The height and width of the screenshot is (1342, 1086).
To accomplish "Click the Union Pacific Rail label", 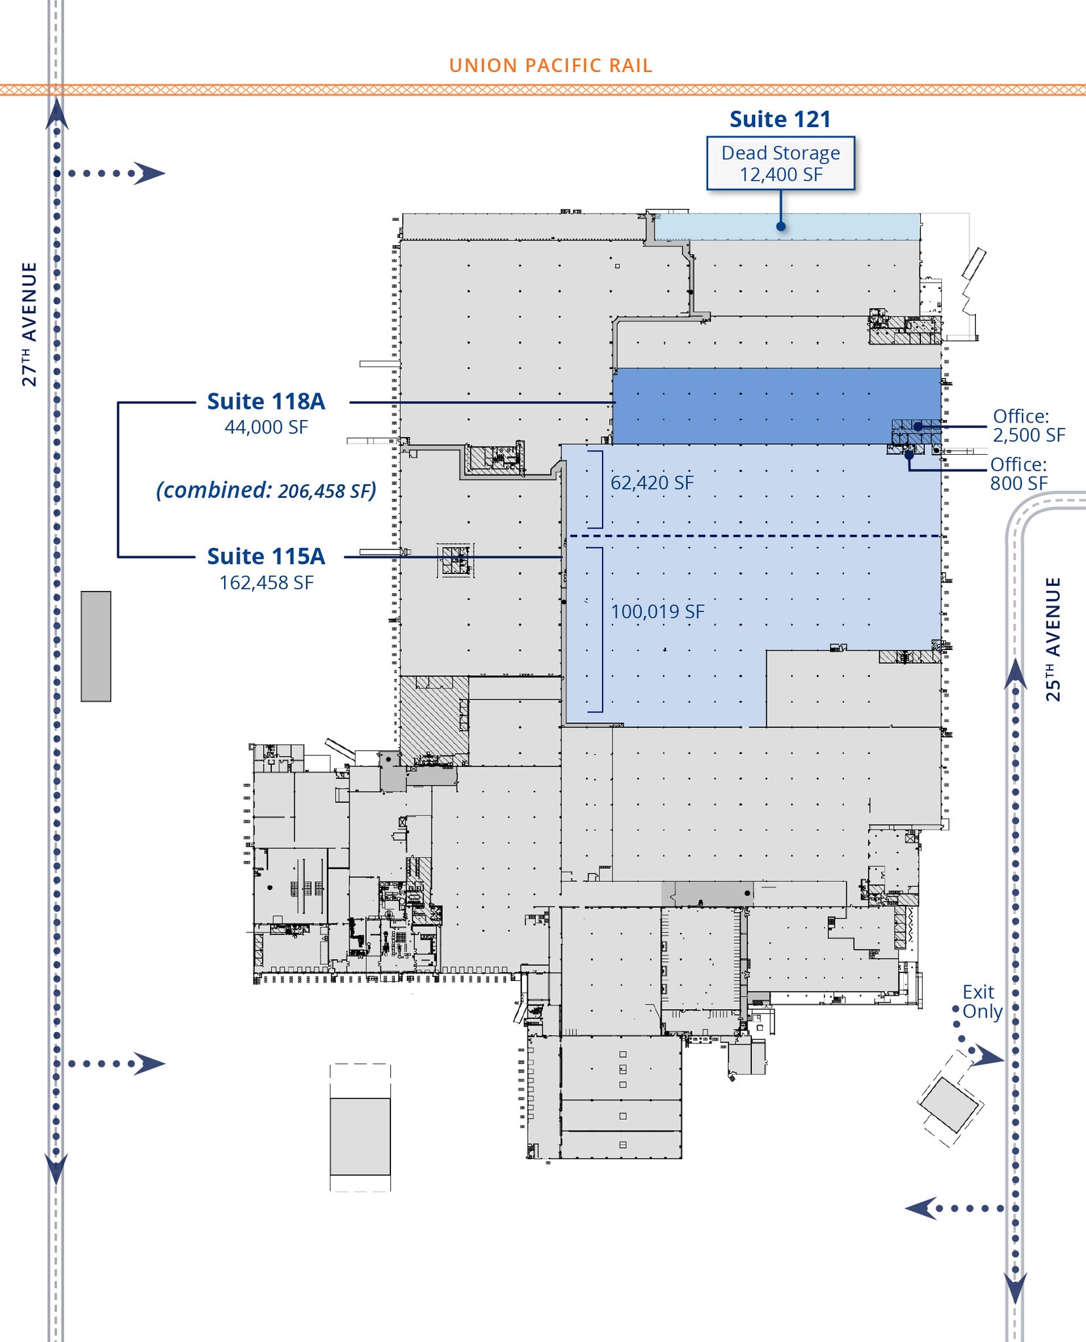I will click(550, 66).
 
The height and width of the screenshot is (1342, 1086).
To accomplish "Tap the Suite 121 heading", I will click(780, 119).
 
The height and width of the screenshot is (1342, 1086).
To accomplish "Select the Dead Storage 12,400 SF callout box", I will click(780, 163).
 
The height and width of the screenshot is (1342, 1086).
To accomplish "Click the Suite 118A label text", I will click(266, 401).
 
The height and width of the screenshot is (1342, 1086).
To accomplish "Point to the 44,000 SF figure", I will click(266, 427).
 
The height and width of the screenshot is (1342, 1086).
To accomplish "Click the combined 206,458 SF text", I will click(266, 490).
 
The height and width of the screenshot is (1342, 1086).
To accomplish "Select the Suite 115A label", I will click(266, 556).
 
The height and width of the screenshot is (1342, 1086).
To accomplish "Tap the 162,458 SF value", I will click(266, 583).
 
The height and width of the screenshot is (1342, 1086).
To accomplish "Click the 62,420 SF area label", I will click(652, 483).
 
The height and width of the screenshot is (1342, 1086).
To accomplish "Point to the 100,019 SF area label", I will click(657, 612).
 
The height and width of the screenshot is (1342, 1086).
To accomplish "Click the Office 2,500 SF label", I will click(1028, 425).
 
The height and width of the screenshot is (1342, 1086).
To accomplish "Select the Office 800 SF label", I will click(1019, 474).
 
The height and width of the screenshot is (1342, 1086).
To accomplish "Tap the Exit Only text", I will click(981, 1001).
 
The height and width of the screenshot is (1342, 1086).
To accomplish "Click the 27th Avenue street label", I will click(29, 324).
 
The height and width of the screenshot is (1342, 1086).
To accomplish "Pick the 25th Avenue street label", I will click(1053, 639).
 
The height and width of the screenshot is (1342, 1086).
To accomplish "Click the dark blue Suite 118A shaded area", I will click(753, 406).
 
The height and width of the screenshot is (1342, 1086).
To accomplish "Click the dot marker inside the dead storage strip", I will click(781, 227).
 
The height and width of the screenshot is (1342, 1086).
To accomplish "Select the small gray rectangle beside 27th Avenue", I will click(96, 646).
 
